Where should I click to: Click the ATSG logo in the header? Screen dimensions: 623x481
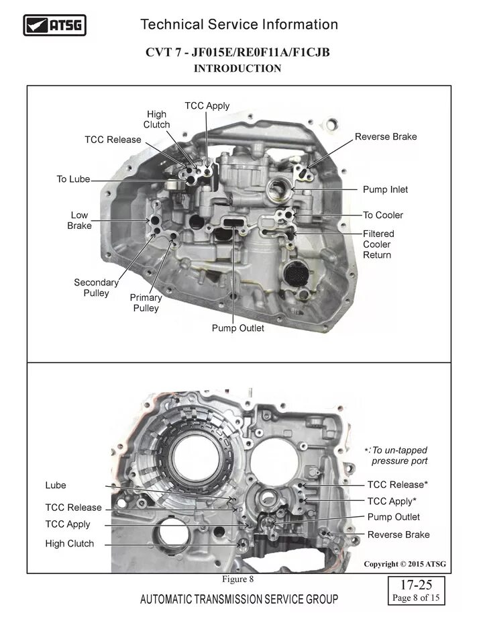pyautogui.click(x=55, y=26)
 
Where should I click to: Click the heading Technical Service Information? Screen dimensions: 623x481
pyautogui.click(x=239, y=25)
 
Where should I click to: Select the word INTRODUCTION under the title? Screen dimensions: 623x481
pyautogui.click(x=237, y=68)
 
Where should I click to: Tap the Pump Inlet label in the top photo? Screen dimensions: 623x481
pyautogui.click(x=385, y=190)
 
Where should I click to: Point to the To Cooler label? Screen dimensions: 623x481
pyautogui.click(x=383, y=215)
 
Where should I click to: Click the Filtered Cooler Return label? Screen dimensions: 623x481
pyautogui.click(x=378, y=244)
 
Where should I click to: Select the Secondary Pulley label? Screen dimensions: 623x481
pyautogui.click(x=96, y=288)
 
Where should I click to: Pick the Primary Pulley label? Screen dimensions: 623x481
pyautogui.click(x=146, y=303)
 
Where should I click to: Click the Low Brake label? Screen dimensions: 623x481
pyautogui.click(x=79, y=221)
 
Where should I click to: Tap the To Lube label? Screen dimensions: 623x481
pyautogui.click(x=72, y=179)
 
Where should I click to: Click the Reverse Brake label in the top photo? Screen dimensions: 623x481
pyautogui.click(x=386, y=137)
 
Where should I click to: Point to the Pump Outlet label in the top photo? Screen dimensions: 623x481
pyautogui.click(x=237, y=328)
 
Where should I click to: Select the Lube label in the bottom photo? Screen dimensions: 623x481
pyautogui.click(x=56, y=485)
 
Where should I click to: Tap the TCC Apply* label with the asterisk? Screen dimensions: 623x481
pyautogui.click(x=392, y=501)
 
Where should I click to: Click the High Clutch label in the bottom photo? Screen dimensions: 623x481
pyautogui.click(x=70, y=544)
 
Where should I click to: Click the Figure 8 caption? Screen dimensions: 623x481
pyautogui.click(x=237, y=579)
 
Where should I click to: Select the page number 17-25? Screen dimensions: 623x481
pyautogui.click(x=415, y=585)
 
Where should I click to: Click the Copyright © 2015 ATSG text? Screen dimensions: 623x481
pyautogui.click(x=405, y=564)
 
